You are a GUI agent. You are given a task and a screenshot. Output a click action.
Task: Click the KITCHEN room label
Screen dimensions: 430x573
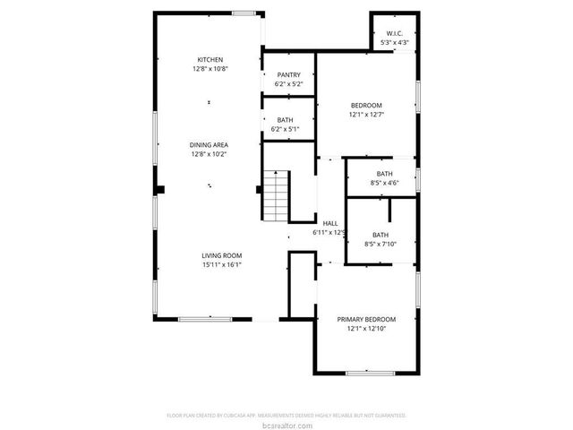click(210, 59)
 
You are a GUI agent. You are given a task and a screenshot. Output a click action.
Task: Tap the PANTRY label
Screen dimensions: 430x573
click(288, 75)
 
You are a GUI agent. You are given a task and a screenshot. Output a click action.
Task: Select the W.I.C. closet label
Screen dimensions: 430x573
click(394, 34)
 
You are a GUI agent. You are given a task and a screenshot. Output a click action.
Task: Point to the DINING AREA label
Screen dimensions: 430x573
click(209, 144)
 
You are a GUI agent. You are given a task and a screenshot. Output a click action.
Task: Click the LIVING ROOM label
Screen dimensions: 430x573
click(222, 255)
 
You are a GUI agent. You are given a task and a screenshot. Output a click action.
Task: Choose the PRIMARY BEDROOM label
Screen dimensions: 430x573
click(366, 320)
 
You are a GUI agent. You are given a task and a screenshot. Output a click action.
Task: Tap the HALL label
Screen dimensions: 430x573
click(329, 223)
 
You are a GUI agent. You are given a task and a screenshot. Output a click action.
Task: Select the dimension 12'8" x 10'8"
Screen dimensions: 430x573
click(210, 69)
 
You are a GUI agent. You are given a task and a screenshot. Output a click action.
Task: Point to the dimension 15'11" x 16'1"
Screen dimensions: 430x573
click(222, 264)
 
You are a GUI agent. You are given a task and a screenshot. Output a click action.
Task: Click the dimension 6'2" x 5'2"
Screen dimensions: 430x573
click(288, 84)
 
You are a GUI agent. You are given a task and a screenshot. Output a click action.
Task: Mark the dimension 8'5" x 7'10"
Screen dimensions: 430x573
click(381, 244)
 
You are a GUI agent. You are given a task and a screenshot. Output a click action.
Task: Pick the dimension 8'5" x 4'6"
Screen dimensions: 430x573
click(384, 183)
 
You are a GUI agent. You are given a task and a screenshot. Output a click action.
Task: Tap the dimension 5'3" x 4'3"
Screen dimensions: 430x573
click(394, 43)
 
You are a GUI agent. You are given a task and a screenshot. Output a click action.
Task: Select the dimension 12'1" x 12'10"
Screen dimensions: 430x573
click(366, 329)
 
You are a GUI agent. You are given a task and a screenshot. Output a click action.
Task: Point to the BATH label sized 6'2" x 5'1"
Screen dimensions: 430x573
click(286, 120)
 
